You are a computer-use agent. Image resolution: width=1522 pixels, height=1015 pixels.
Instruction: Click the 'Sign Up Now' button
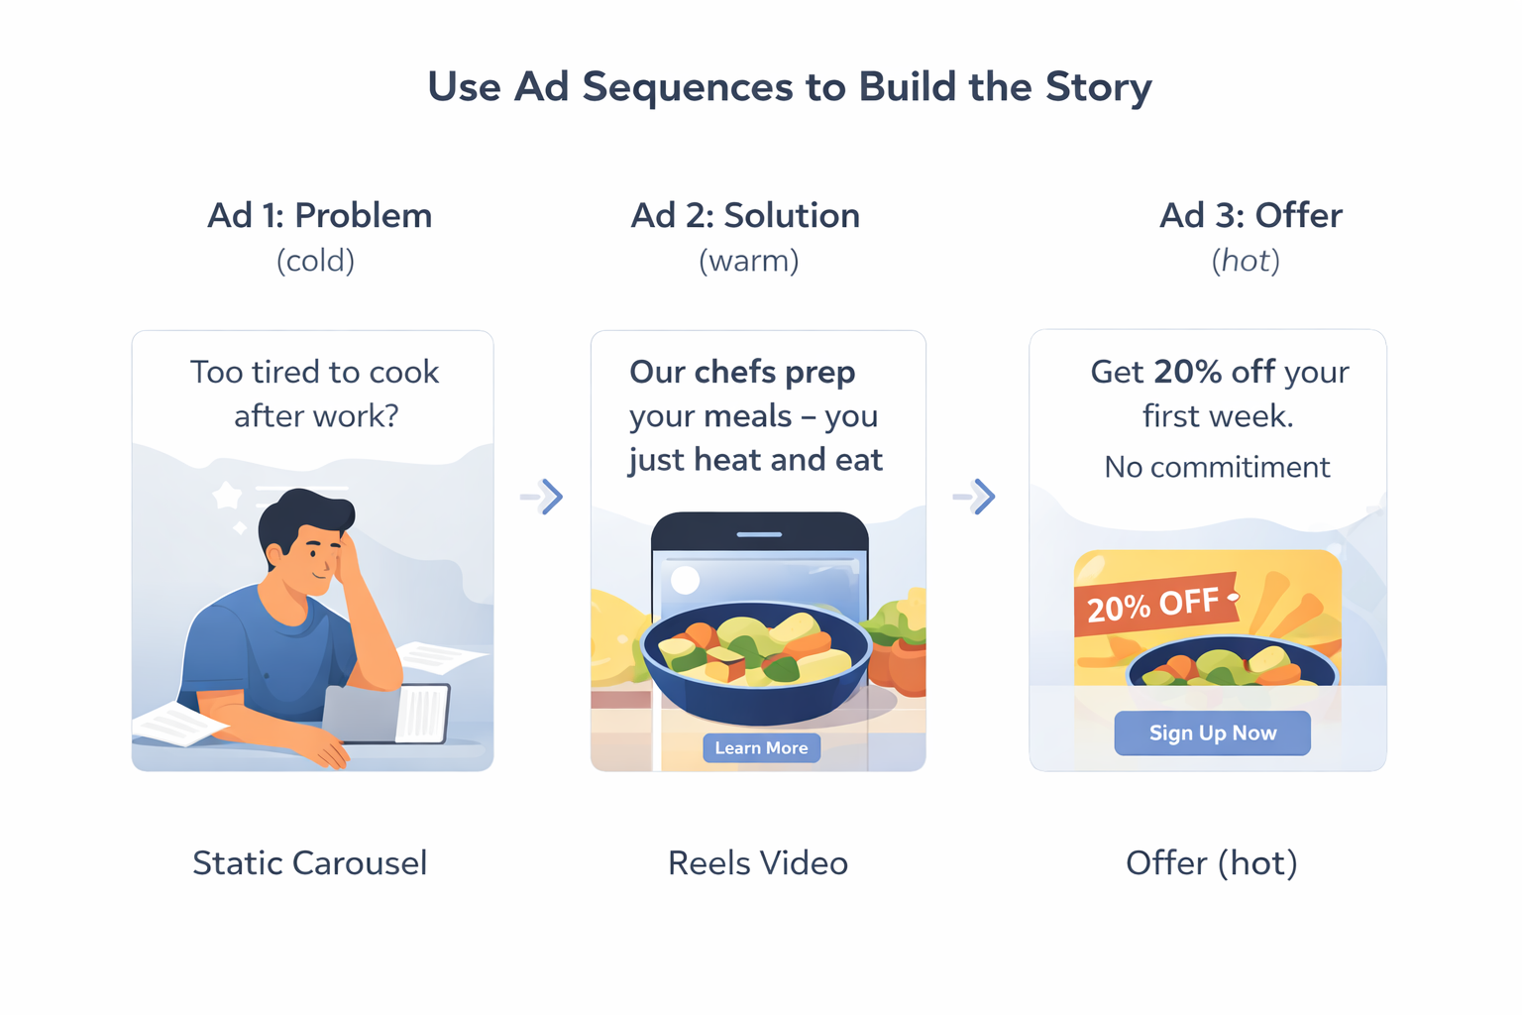[1212, 733]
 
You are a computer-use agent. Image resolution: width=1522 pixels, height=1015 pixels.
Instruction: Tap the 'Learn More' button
[761, 748]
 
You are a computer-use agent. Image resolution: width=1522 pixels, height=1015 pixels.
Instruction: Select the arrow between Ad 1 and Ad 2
[542, 497]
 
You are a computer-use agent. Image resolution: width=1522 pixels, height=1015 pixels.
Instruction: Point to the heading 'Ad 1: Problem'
[319, 215]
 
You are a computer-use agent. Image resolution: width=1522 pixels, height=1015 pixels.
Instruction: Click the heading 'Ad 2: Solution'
[745, 215]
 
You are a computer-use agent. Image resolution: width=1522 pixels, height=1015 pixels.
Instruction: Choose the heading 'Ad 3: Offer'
[1250, 215]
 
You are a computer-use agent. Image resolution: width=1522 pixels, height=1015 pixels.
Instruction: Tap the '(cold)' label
[315, 261]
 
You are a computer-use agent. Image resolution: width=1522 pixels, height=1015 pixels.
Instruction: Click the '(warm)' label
[748, 261]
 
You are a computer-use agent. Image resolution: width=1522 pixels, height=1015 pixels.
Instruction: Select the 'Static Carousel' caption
[309, 862]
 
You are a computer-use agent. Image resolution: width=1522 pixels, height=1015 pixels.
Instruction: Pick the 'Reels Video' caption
[758, 862]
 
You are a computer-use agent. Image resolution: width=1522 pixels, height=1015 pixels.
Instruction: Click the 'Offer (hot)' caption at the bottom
[1211, 862]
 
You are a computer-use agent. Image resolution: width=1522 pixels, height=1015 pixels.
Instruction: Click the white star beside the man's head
[227, 495]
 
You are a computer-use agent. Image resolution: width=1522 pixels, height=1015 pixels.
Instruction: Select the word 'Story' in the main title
[1099, 87]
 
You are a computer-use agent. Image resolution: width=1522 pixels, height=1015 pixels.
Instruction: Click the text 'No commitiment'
[1217, 467]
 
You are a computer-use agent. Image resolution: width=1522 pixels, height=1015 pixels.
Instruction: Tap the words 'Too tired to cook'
[314, 373]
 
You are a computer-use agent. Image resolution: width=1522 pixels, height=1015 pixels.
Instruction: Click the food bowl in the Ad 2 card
[756, 659]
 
